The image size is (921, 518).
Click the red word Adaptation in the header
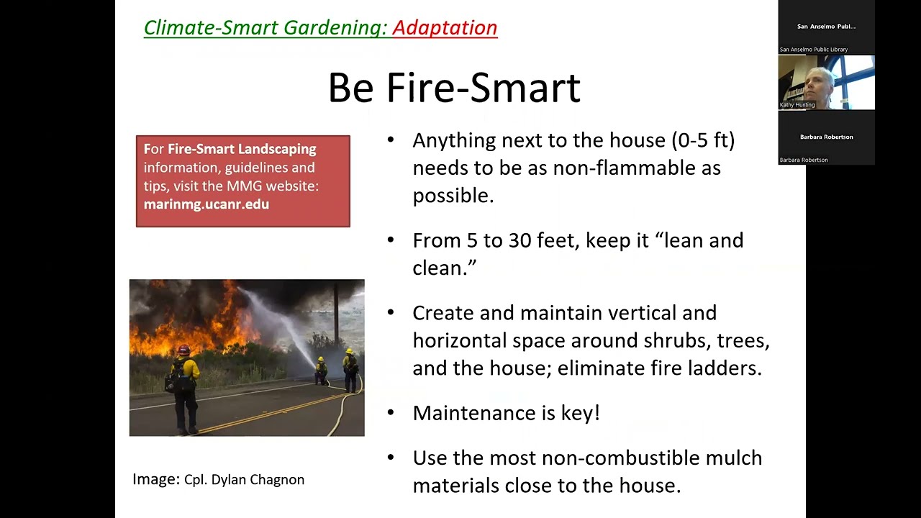coord(445,27)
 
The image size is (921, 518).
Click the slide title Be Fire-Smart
coord(453,88)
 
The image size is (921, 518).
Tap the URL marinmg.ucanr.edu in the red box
coord(207,204)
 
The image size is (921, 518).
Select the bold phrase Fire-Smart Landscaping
coord(242,150)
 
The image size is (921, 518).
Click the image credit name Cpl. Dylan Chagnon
coord(244,480)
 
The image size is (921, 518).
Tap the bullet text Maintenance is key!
coord(506,413)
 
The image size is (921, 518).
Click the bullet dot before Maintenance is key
coord(391,412)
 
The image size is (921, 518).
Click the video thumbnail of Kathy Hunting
coord(826,82)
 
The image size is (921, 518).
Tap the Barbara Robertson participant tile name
coord(826,137)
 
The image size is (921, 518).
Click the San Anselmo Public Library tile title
coord(826,27)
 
